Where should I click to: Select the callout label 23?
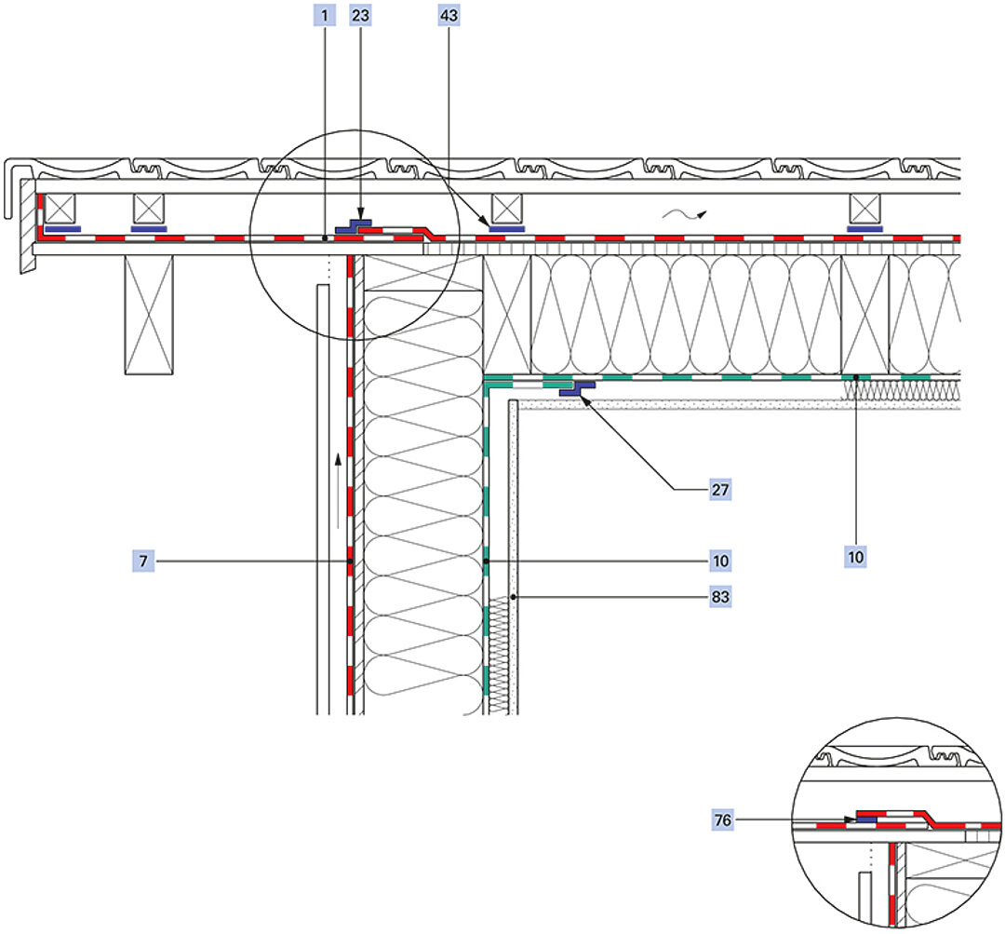pyautogui.click(x=359, y=15)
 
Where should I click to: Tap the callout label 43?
pyautogui.click(x=448, y=15)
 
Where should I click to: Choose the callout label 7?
pyautogui.click(x=144, y=562)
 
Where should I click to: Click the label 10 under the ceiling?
pyautogui.click(x=855, y=556)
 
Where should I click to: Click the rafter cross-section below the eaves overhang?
pyautogui.click(x=150, y=315)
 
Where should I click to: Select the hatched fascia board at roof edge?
pyautogui.click(x=26, y=233)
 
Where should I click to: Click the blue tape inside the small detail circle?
pyautogui.click(x=866, y=820)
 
